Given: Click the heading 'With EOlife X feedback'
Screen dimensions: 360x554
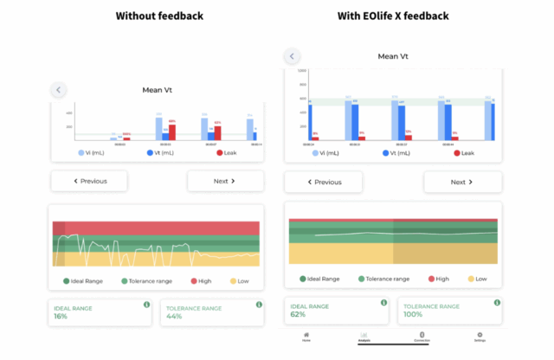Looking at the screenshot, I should (393, 16).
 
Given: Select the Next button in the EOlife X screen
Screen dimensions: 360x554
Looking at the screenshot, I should (462, 183).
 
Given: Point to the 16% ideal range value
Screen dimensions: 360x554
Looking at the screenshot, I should (61, 317).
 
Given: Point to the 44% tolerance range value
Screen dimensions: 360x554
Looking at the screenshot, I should (174, 317).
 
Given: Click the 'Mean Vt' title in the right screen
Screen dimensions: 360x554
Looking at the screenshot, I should (393, 56).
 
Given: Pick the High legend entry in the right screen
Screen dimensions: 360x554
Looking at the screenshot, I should (437, 279).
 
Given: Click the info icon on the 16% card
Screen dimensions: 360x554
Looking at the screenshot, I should (146, 305).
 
